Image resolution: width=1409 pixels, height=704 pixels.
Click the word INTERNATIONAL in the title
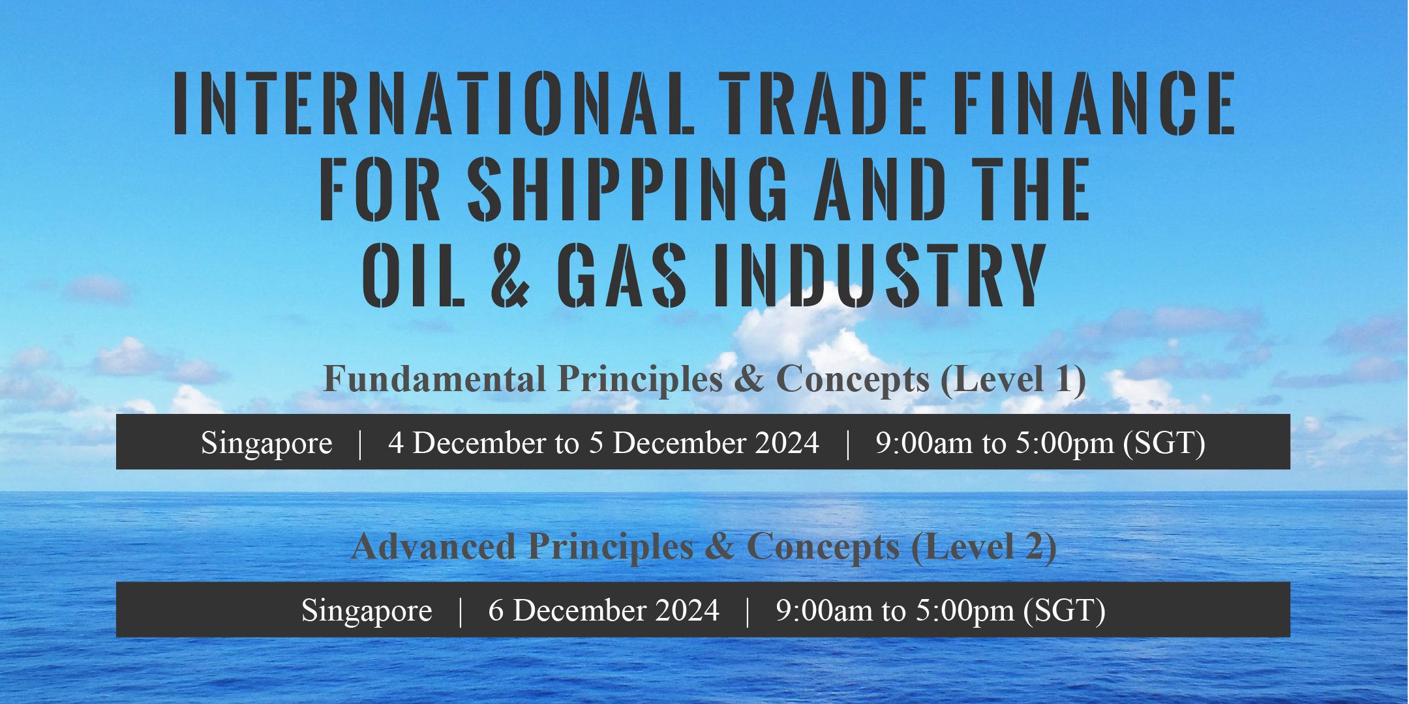pyautogui.click(x=434, y=103)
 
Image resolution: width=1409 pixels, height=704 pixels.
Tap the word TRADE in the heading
pyautogui.click(x=823, y=103)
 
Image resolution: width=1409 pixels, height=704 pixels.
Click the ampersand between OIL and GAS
pyautogui.click(x=510, y=274)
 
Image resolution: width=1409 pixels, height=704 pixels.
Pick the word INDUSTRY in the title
pyautogui.click(x=881, y=274)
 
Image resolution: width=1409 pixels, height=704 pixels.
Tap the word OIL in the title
pyautogui.click(x=413, y=274)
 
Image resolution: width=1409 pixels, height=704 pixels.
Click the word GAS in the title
pyautogui.click(x=622, y=274)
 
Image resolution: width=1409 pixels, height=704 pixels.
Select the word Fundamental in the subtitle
pyautogui.click(x=434, y=379)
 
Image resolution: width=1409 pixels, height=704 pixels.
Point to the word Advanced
pyautogui.click(x=433, y=546)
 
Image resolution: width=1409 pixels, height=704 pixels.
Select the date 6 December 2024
pyautogui.click(x=603, y=611)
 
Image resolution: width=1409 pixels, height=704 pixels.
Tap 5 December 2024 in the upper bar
pyautogui.click(x=704, y=443)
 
